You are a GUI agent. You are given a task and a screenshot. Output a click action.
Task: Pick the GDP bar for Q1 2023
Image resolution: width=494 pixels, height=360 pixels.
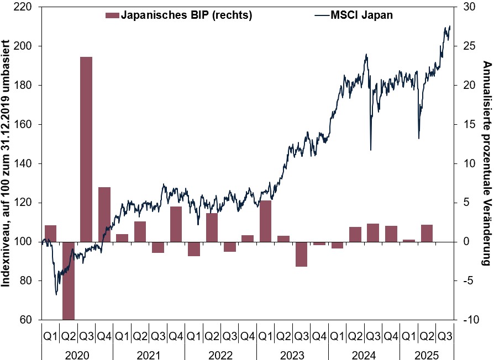coord(266,221)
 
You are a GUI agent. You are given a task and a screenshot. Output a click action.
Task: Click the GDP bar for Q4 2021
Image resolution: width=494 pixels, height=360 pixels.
coord(176,224)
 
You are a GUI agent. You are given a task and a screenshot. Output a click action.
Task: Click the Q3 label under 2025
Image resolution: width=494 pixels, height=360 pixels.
coord(445,335)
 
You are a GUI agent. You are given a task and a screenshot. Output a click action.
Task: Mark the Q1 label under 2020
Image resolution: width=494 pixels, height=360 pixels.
coord(50,335)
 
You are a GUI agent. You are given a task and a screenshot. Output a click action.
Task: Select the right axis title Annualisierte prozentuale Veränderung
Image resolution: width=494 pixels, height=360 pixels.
coord(486,163)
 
